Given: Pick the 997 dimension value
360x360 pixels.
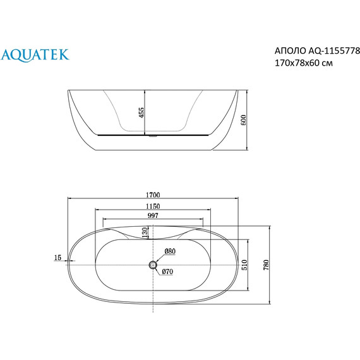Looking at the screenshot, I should coord(152,215).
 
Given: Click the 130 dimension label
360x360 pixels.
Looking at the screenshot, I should coord(145,233).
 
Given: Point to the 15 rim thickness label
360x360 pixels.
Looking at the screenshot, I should coord(58,257).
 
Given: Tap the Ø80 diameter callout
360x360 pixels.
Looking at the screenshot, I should coord(170,251).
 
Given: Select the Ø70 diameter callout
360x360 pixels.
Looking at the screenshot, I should coord(167,272).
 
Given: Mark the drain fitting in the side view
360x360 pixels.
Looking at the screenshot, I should coord(152,135).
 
